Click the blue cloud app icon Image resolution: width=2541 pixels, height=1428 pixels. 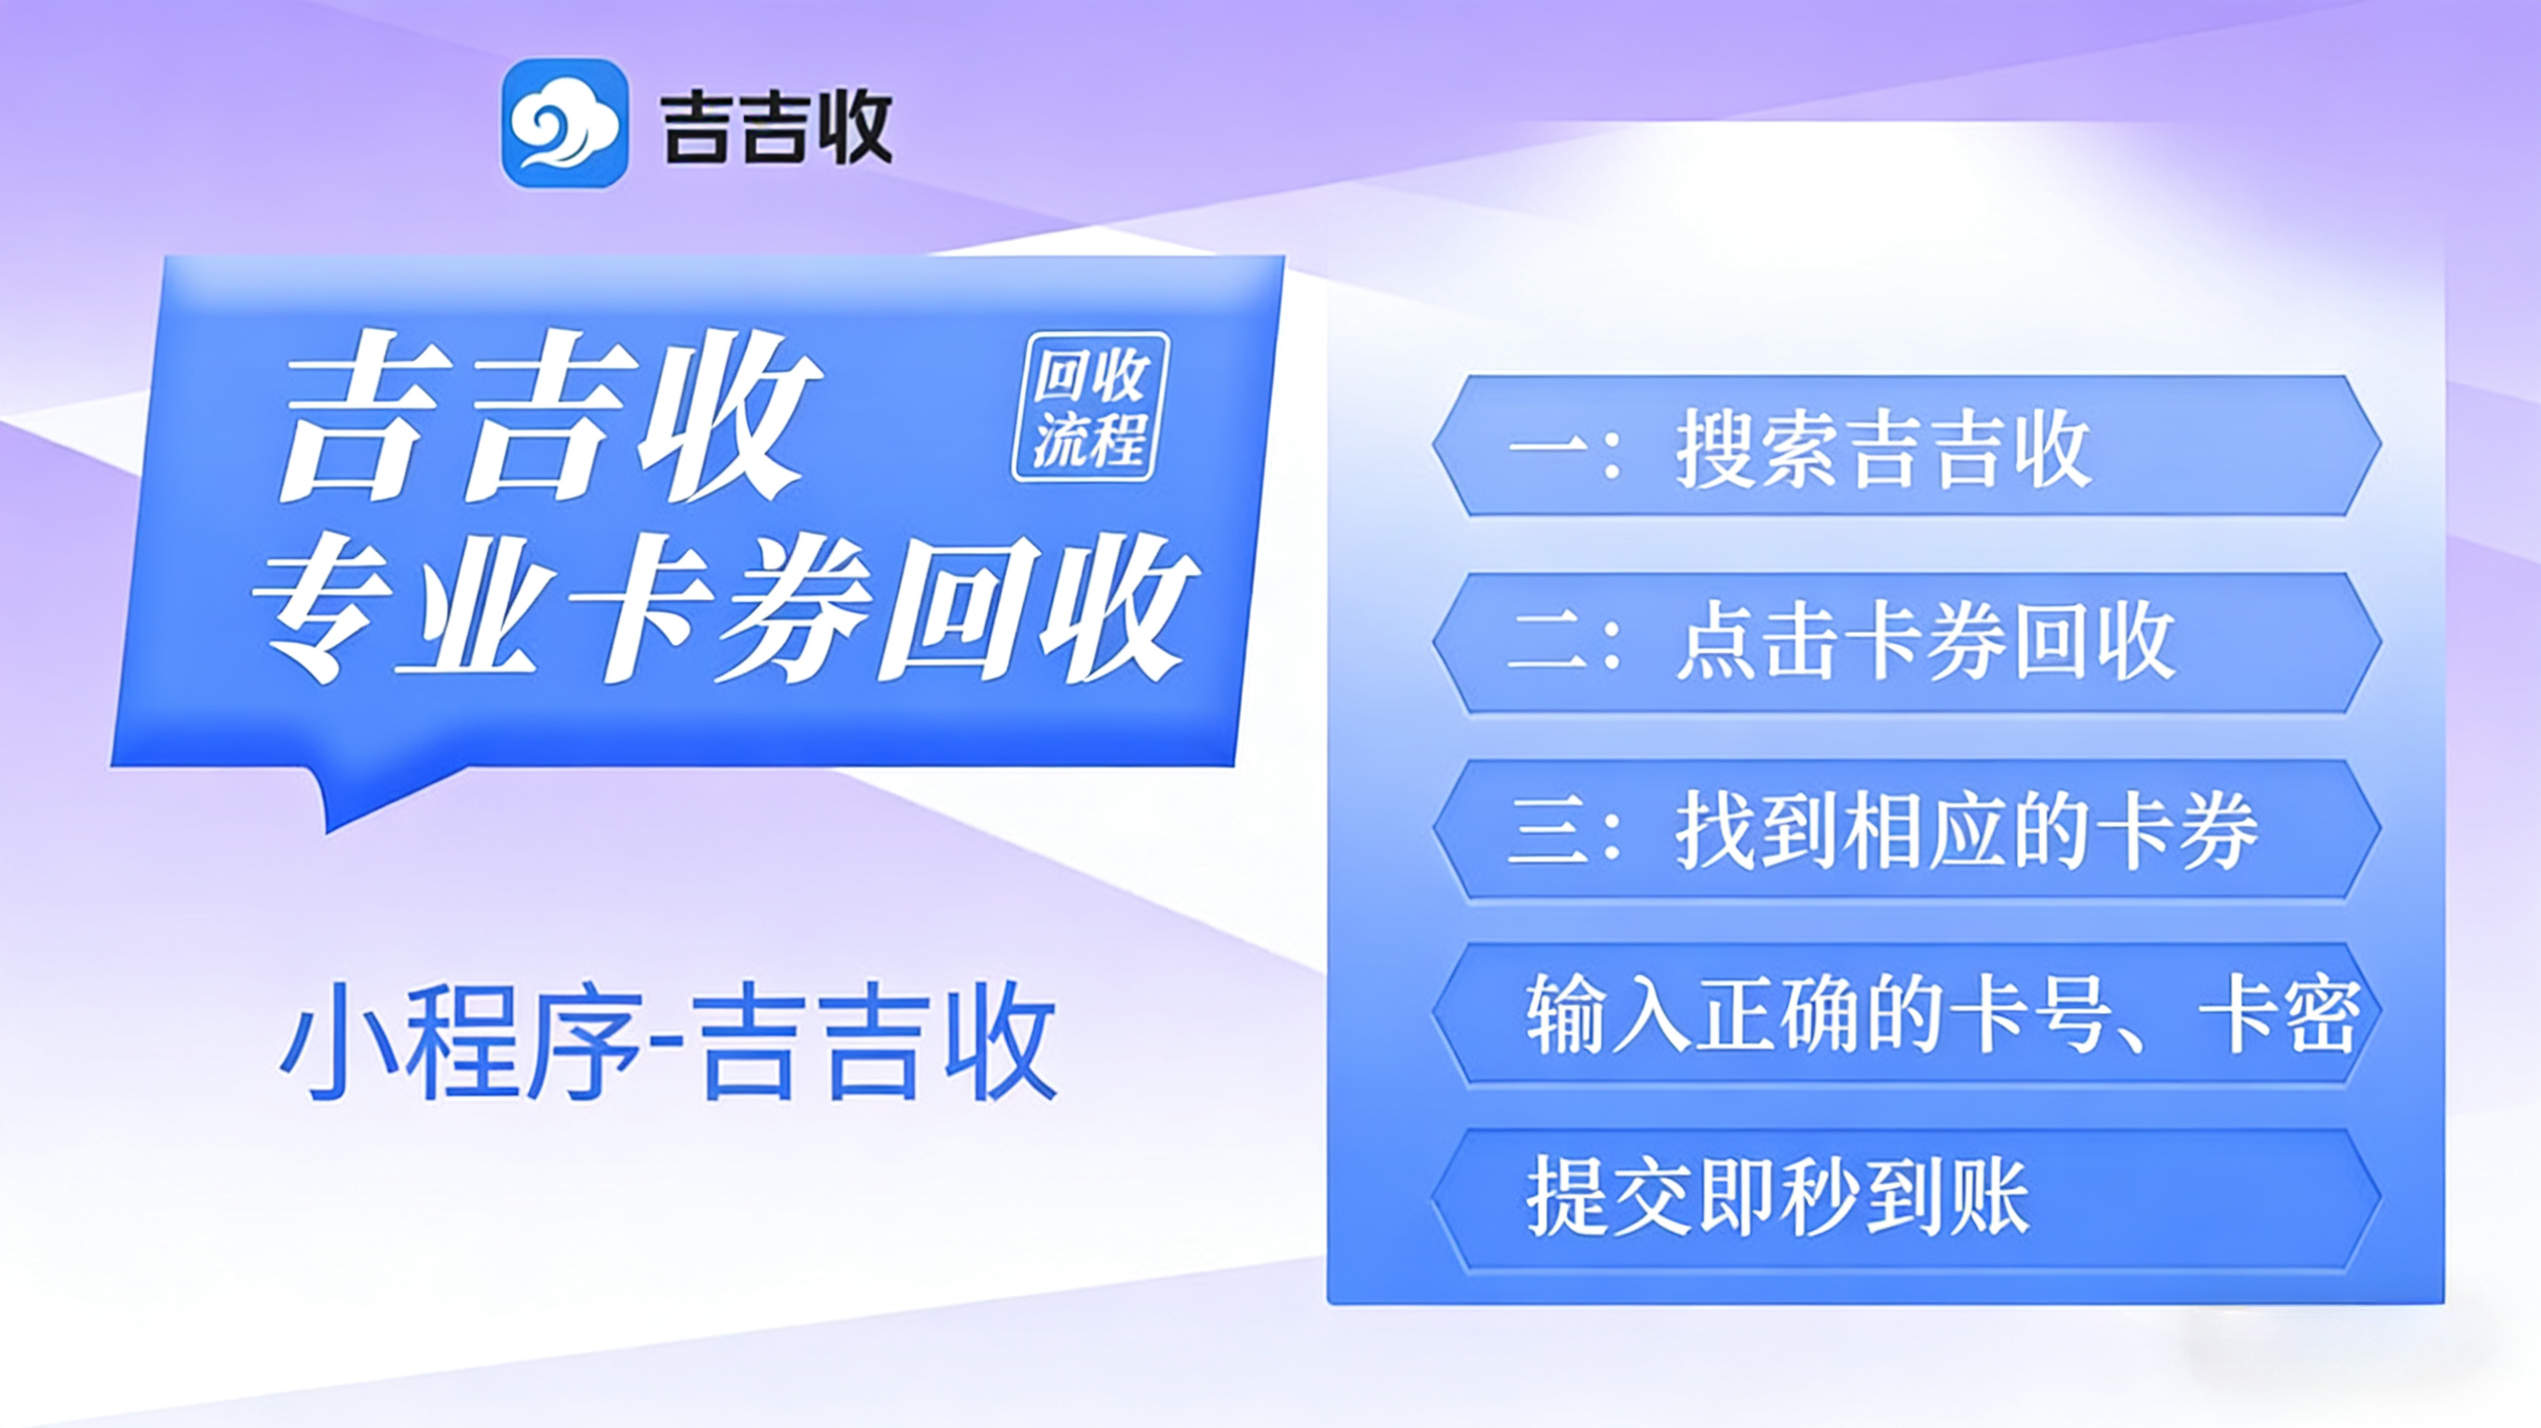tap(565, 124)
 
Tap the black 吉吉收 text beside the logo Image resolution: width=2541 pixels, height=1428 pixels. tap(777, 128)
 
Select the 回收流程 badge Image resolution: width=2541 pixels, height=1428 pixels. tap(1090, 407)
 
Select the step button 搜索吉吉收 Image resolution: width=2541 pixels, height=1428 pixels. tap(1906, 446)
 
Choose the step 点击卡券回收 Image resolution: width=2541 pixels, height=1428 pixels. tap(1906, 643)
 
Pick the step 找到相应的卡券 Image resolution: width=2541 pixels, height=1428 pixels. tap(1906, 830)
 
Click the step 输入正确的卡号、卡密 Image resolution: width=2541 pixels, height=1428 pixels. tap(1906, 1015)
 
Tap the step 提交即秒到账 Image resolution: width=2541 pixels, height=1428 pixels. tap(1906, 1199)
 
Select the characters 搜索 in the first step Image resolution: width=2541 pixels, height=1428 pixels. tap(1760, 448)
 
